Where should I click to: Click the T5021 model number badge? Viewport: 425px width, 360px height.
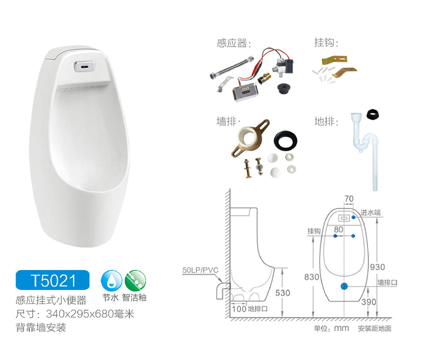[x=53, y=280]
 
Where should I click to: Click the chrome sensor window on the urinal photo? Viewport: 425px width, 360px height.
[x=84, y=66]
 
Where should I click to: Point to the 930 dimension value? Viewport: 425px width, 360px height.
[x=377, y=267]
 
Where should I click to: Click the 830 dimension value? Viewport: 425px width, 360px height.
[x=312, y=277]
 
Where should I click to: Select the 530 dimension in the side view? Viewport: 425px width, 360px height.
[x=283, y=293]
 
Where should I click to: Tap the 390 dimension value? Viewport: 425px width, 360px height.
[x=368, y=302]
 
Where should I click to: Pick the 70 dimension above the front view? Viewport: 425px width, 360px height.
[x=349, y=199]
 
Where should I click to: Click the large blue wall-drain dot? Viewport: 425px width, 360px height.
[x=344, y=286]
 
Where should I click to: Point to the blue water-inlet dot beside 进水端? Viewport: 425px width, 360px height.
[x=353, y=217]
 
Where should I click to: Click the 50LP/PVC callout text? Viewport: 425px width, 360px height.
[x=200, y=270]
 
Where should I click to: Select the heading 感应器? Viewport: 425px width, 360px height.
[x=234, y=43]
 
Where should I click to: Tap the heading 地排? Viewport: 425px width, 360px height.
[x=326, y=122]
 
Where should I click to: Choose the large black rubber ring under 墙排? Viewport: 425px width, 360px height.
[x=285, y=141]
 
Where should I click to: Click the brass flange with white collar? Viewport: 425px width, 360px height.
[x=249, y=138]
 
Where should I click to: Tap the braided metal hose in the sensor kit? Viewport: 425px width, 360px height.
[x=232, y=67]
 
